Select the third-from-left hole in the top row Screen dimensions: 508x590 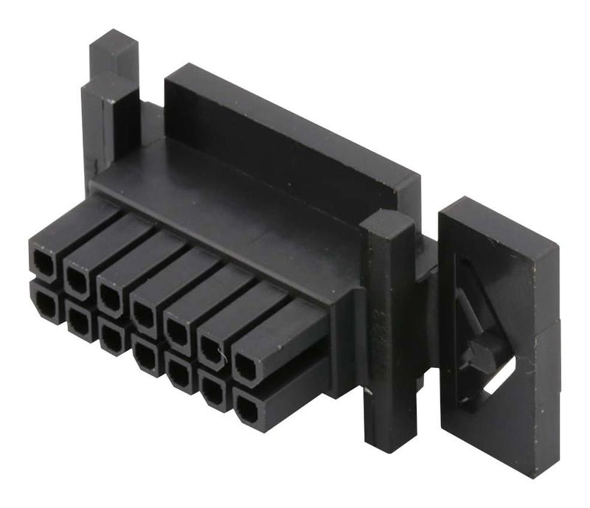111,292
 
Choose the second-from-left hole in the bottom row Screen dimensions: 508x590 77,319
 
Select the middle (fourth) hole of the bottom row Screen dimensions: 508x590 145,357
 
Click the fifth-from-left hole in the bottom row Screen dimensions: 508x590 178,375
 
